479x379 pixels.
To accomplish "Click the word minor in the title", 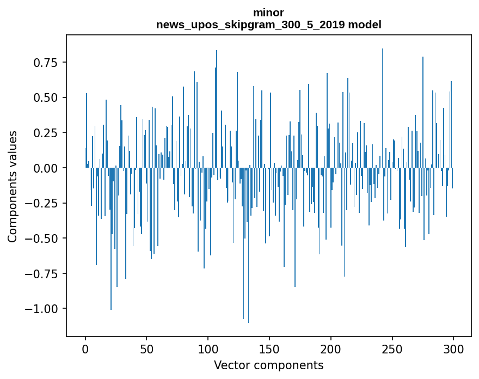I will coord(268,12).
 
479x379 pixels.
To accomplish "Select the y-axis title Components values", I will coord(12,186).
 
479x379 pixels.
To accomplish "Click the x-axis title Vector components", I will coord(268,365).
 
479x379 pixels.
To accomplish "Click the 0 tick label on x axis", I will coord(85,350).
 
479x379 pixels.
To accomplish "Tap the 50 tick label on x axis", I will coord(146,350).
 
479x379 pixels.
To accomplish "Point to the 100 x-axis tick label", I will coord(208,350).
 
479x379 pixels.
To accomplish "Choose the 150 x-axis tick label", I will coord(269,350).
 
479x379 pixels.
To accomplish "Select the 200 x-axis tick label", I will coord(330,350).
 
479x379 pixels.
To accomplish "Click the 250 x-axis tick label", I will coord(392,350).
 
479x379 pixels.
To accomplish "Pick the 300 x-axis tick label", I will coord(453,350).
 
